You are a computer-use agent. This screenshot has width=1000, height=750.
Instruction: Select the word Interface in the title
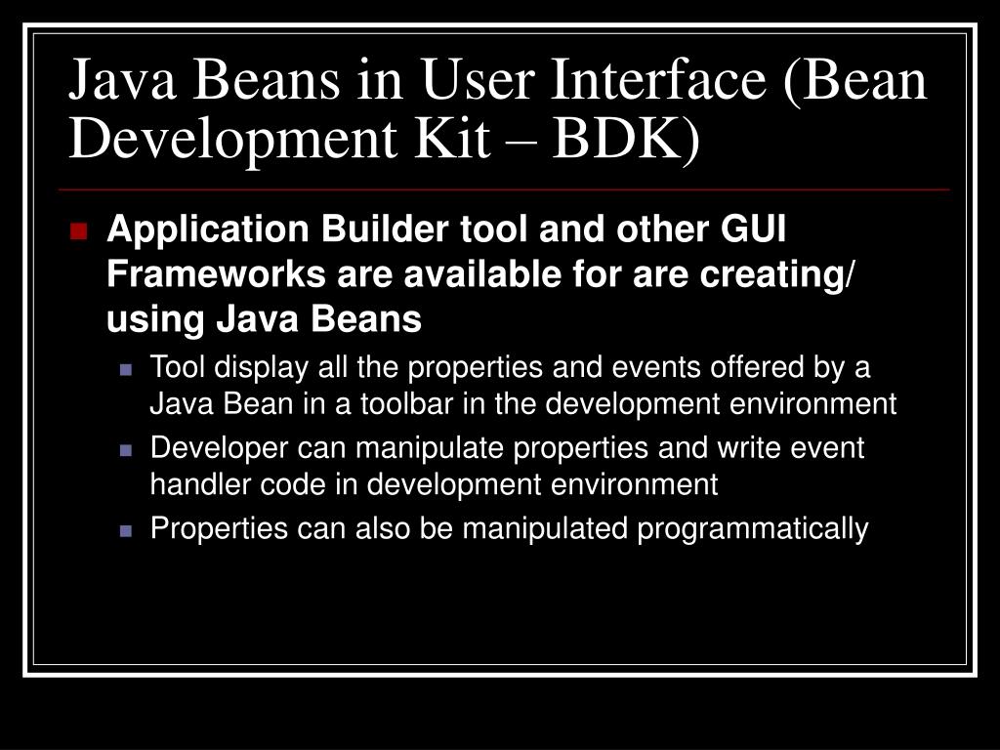point(663,81)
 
